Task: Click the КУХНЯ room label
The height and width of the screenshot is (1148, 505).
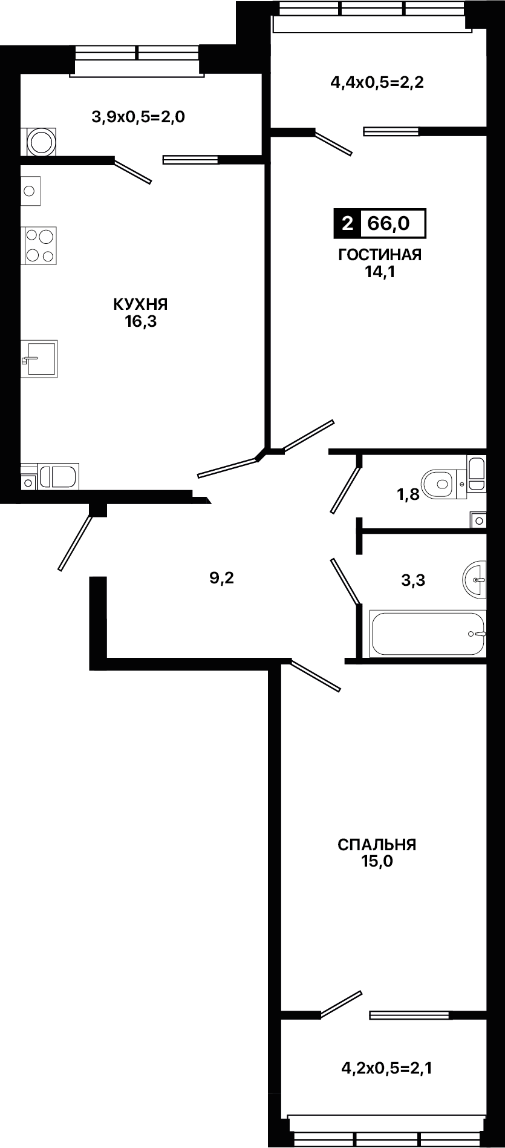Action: click(x=140, y=304)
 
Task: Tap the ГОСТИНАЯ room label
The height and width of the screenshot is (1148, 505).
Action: click(x=380, y=255)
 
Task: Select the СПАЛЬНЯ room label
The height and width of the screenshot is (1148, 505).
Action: click(x=377, y=844)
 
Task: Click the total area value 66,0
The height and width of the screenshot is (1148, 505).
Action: click(x=389, y=224)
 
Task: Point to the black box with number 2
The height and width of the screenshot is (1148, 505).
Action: click(x=347, y=224)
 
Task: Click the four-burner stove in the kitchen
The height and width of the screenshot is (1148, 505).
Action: click(x=39, y=245)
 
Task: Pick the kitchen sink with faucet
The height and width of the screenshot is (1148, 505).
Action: click(x=39, y=358)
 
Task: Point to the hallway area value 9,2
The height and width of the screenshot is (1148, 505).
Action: click(x=221, y=578)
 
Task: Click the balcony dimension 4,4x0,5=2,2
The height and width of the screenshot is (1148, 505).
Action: click(x=377, y=82)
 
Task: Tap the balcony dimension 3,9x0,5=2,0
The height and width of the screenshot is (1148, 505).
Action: click(x=138, y=116)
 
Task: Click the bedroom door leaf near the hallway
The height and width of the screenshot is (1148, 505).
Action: click(x=315, y=676)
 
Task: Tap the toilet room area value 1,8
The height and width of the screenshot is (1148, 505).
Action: click(x=408, y=494)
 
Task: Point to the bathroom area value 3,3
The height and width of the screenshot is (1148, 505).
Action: click(x=413, y=581)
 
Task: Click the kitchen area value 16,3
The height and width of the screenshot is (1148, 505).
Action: click(x=141, y=321)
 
